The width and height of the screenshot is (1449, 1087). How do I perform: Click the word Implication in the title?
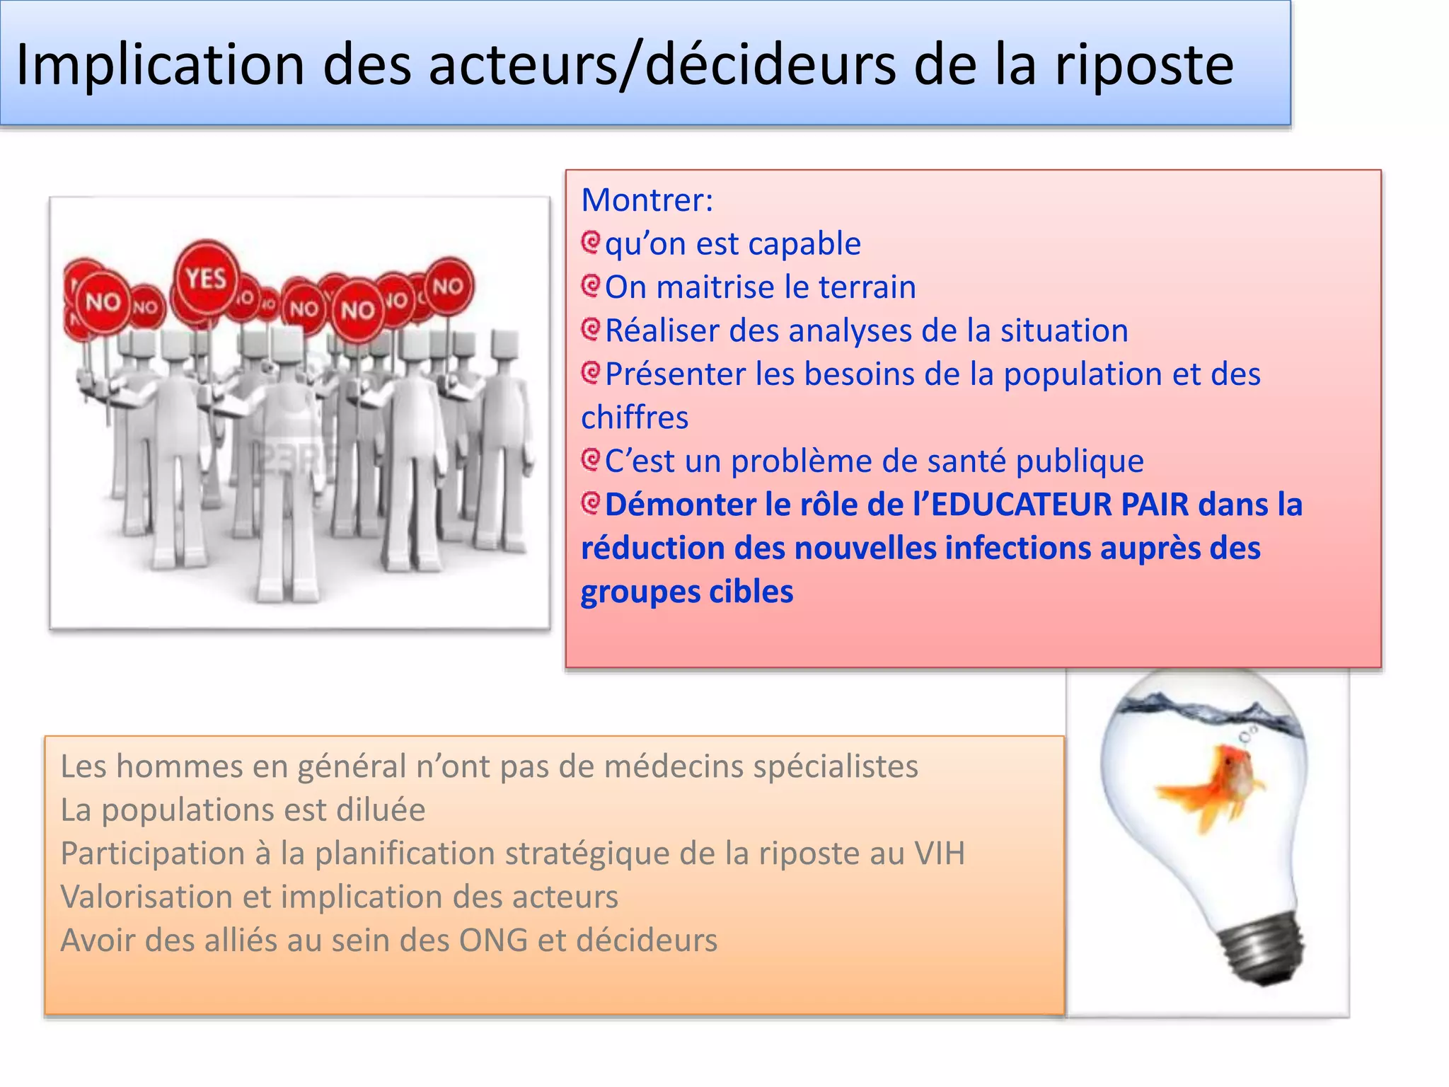[x=160, y=65]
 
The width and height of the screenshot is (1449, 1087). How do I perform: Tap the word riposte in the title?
[x=1144, y=65]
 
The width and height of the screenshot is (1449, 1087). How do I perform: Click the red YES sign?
[x=207, y=278]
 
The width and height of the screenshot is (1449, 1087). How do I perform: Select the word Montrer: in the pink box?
[x=647, y=200]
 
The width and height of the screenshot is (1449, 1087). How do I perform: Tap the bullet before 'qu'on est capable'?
[x=591, y=243]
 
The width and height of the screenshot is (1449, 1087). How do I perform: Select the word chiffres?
[x=635, y=418]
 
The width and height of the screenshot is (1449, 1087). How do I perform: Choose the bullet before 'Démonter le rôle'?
[x=591, y=504]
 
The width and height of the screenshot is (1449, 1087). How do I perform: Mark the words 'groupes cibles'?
[x=687, y=592]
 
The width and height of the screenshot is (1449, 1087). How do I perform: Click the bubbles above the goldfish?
[x=1249, y=733]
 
